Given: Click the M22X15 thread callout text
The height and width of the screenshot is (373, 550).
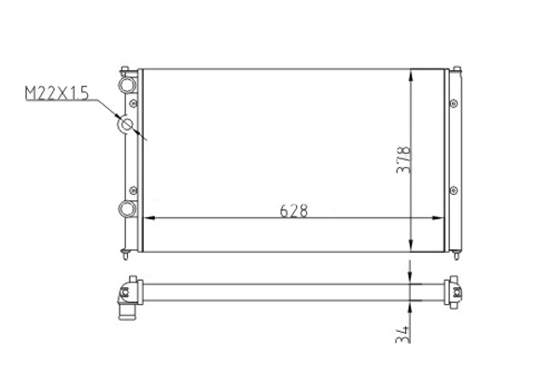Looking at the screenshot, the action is pos(57,93).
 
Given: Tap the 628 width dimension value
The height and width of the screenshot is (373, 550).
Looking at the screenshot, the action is pos(293,211).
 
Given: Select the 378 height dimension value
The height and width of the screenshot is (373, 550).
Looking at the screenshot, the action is pos(403,159).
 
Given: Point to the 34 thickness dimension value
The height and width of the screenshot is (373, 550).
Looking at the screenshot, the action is pos(402,335).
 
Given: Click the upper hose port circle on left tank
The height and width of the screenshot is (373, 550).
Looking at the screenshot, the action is pos(127,85).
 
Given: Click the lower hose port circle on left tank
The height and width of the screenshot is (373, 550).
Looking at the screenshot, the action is pos(127,209).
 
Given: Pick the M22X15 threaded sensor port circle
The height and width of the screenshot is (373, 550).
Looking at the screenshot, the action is pos(126,124).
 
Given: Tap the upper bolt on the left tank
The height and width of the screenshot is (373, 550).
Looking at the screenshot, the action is pos(133,104).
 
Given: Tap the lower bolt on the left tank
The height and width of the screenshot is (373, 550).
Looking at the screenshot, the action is pos(133,190).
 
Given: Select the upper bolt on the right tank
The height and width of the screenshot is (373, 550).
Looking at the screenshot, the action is pos(454,104).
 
